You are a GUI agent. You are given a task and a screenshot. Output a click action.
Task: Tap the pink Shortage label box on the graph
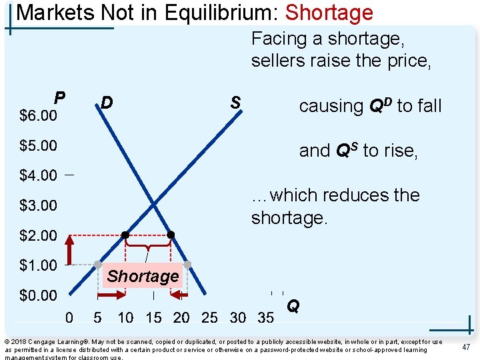143,276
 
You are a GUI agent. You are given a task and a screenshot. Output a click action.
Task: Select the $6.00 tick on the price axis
38,116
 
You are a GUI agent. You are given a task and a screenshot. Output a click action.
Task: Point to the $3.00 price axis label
38,205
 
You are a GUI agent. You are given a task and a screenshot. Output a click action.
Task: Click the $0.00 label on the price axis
38,295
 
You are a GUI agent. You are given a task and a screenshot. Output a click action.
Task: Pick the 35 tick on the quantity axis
265,318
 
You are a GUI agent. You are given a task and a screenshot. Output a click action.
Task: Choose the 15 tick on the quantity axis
153,318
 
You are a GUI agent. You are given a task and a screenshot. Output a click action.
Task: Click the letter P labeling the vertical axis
59,98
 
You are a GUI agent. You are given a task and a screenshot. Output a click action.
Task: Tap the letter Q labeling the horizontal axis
293,307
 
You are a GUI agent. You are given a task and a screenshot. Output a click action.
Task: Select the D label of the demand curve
106,103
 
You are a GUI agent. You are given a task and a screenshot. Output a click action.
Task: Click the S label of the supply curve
235,103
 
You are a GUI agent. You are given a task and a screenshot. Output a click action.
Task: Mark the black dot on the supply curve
125,235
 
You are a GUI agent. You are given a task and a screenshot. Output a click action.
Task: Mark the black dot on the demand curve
171,235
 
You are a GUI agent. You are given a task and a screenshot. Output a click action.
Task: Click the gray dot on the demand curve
187,265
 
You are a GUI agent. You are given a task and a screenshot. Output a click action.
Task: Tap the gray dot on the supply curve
97,265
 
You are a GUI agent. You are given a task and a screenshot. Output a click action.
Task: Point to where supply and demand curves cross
154,204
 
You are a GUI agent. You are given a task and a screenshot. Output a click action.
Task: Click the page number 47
466,347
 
